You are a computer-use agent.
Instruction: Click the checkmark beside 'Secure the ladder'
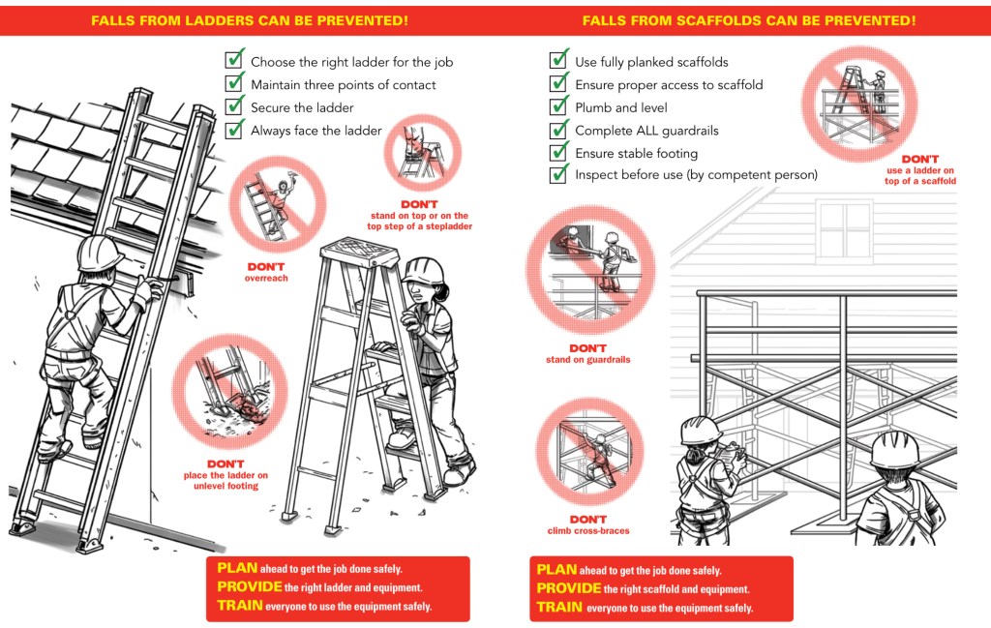[x=234, y=105]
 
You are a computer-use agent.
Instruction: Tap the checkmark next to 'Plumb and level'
[x=558, y=105]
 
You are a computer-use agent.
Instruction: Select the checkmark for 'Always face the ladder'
[x=234, y=129]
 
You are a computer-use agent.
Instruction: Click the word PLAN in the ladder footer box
[x=235, y=569]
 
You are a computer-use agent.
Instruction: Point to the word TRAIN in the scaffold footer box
[x=559, y=607]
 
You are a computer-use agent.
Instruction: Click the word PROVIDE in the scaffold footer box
[x=568, y=588]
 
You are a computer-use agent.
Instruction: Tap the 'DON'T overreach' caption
[x=266, y=272]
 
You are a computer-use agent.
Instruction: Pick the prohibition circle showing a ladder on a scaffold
[x=859, y=97]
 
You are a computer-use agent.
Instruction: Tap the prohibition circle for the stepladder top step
[x=423, y=152]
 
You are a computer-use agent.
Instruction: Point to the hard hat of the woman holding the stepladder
[x=424, y=268]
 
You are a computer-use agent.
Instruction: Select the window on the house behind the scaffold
[x=845, y=230]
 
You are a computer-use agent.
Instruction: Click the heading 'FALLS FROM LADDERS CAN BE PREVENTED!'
[x=249, y=20]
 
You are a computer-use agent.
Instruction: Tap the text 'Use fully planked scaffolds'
[x=651, y=62]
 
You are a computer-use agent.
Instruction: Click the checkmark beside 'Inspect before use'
[x=558, y=174]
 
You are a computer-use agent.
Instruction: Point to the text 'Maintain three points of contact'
[x=343, y=85]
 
